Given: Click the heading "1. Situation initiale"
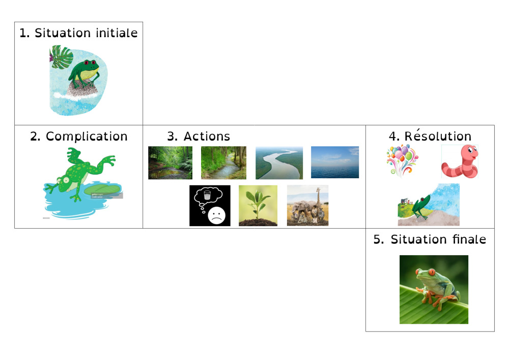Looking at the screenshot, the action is tap(78, 33).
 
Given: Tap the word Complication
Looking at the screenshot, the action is tap(87, 136).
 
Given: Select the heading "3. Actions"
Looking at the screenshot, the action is tap(199, 136).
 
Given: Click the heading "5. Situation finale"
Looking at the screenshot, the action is tap(430, 239).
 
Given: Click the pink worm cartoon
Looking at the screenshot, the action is tap(460, 161).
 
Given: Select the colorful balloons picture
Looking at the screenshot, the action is tap(402, 161).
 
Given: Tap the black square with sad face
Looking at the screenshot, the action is tap(210, 206).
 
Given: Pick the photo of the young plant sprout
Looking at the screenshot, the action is tap(258, 206).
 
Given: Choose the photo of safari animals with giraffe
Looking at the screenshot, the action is tap(308, 206).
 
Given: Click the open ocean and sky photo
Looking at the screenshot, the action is tap(335, 162).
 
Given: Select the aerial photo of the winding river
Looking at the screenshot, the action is tap(279, 163).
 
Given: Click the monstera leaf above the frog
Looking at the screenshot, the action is tap(62, 57).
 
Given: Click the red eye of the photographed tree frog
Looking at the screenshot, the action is tap(432, 272).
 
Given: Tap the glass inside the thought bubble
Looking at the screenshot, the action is tap(207, 195).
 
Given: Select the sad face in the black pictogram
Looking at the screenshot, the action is tap(216, 215).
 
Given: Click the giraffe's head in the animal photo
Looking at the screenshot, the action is tap(319, 190).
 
